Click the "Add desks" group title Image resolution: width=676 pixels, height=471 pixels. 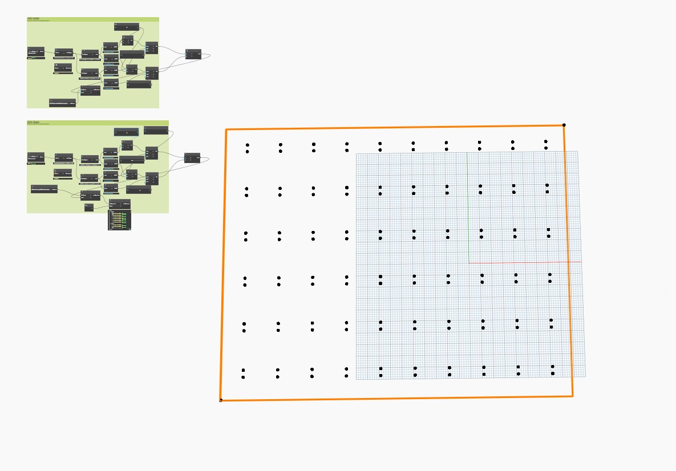coord(33,19)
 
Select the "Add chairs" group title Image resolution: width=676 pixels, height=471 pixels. coord(34,122)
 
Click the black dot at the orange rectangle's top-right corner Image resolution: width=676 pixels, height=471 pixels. coord(564,125)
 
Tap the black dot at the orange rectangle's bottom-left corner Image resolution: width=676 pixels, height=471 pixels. coord(221,400)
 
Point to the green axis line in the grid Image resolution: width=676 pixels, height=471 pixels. coord(468,205)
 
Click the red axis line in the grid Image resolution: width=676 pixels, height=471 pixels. coord(525,262)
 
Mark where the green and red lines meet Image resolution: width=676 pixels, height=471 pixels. coord(469,263)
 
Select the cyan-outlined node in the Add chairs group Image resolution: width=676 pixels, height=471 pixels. coord(126,132)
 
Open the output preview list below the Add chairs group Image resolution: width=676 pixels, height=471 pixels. coord(119,220)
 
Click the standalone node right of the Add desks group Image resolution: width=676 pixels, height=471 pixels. coord(193,54)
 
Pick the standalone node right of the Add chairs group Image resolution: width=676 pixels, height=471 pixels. coord(192,157)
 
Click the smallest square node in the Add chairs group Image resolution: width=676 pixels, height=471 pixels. coord(89,208)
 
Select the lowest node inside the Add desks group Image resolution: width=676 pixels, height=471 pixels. coord(62,103)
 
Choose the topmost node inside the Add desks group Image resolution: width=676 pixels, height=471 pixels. coord(127,26)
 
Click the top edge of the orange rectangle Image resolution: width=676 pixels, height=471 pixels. coord(394,128)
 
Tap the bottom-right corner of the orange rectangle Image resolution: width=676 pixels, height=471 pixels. coord(572,396)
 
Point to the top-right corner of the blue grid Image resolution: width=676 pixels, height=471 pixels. coord(577,152)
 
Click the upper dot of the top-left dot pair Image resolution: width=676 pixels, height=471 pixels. coord(248,145)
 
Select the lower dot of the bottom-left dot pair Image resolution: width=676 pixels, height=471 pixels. coord(243,377)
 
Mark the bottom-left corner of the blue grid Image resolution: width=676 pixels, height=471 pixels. coord(357,379)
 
